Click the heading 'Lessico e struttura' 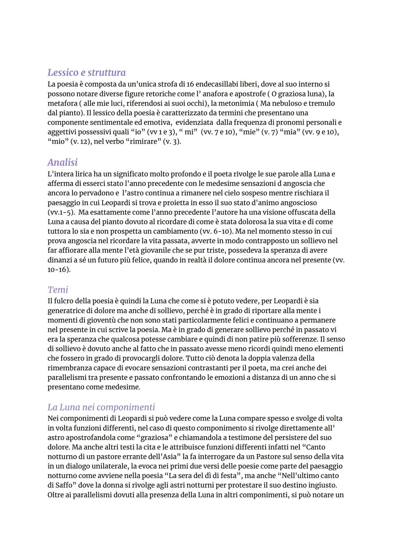pos(86,73)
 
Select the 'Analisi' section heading pos(62,162)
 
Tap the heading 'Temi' pos(58,289)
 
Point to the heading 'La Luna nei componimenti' pos(101,407)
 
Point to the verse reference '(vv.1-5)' pos(61,212)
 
